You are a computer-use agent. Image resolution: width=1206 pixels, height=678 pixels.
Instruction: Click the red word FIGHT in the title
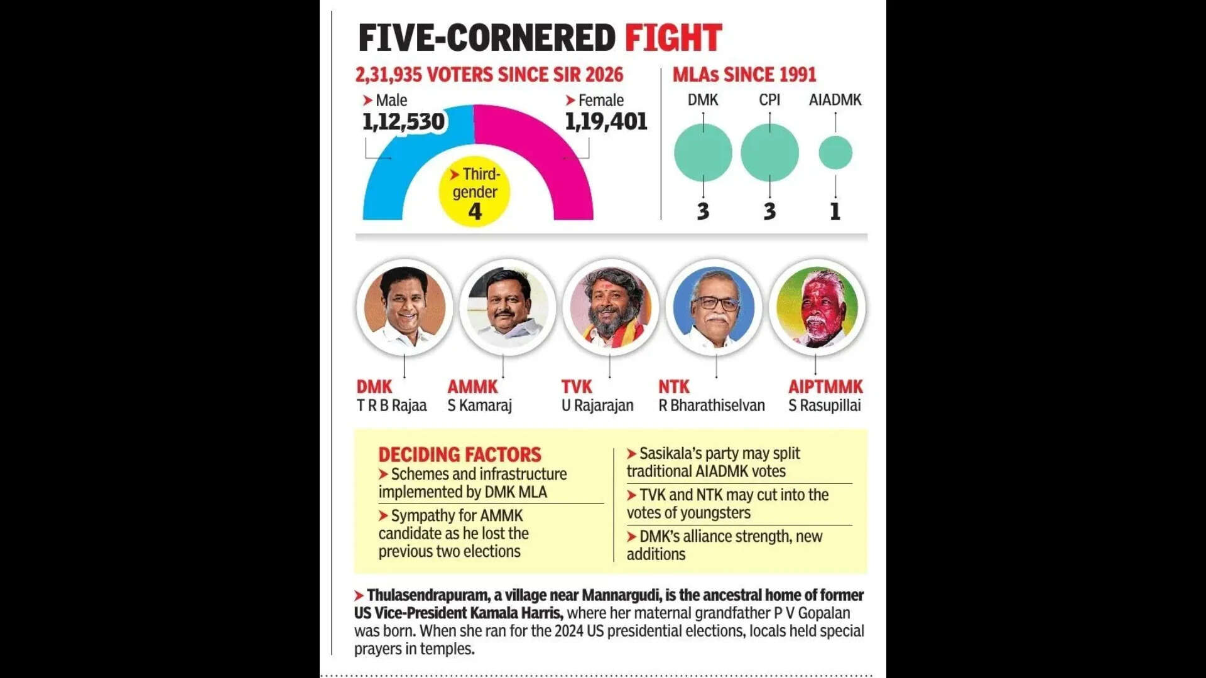coord(673,38)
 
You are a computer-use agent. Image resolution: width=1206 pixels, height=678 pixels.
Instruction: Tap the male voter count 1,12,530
coord(403,122)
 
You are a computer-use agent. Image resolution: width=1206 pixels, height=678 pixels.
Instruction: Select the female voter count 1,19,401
coord(606,122)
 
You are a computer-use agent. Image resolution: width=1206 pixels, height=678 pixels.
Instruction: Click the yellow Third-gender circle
coord(474,191)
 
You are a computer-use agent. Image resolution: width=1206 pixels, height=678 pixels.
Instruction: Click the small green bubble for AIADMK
coord(835,153)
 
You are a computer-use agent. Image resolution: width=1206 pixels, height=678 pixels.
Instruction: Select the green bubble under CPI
coord(769,153)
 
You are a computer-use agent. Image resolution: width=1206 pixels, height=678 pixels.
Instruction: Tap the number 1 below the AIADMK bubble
coord(835,212)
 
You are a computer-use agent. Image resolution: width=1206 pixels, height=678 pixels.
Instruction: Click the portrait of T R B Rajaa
coord(404,307)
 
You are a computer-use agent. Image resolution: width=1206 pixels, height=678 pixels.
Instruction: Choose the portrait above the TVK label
coord(611,307)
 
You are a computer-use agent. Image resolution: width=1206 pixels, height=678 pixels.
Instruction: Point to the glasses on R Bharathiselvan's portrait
coord(715,304)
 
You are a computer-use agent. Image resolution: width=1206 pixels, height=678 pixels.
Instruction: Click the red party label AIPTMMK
coord(825,387)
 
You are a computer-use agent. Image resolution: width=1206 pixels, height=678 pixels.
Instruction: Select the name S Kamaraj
coord(479,406)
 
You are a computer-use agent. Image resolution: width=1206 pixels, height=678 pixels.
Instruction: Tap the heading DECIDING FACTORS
coord(459,455)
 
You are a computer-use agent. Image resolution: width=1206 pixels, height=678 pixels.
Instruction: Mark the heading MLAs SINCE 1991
coord(744,75)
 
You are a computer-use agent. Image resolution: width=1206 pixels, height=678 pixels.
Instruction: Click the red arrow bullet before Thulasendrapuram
coord(359,596)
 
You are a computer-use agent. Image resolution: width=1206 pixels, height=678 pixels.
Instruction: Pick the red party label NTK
coord(673,387)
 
